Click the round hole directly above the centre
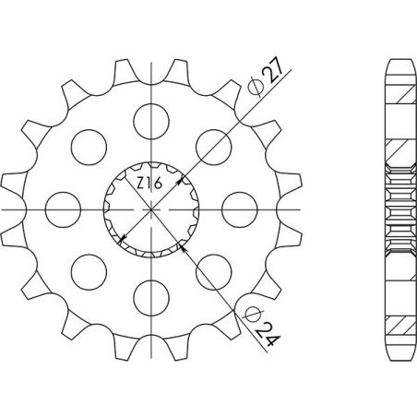click(148, 118)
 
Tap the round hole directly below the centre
click(148, 292)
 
